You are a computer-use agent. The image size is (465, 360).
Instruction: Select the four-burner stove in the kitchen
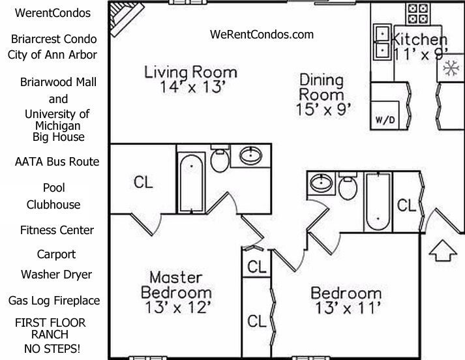coord(417,12)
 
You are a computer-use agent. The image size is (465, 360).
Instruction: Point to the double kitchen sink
coord(382,40)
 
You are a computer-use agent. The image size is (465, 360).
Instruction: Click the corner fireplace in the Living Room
coord(119,18)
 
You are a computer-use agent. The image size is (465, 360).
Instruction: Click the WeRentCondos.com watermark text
coord(262,35)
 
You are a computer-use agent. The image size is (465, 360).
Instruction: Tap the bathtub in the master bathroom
coord(191,182)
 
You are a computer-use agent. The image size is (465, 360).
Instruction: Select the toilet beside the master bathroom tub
coord(220,160)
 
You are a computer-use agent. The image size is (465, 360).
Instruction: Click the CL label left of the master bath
coord(143,183)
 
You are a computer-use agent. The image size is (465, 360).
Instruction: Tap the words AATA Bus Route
coord(57,161)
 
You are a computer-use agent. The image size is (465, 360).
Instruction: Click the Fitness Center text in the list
coord(57,230)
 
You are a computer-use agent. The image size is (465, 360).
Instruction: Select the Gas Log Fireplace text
coord(54,301)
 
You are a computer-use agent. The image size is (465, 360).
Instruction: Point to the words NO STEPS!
coord(52,349)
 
